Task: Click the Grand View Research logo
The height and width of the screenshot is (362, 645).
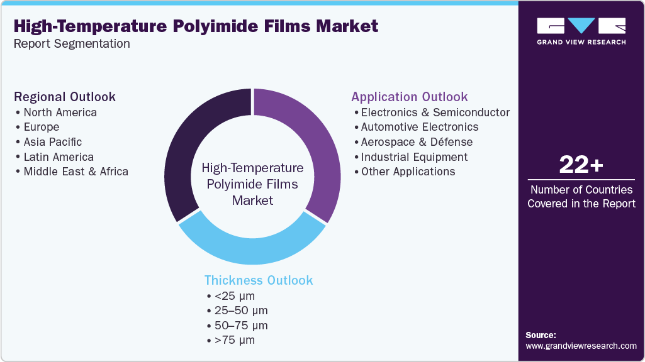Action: click(581, 31)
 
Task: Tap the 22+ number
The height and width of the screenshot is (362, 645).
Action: click(581, 165)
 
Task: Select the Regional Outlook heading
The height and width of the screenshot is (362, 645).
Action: click(65, 97)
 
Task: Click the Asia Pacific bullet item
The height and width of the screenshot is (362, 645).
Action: click(52, 142)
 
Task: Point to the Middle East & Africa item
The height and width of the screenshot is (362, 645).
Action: click(76, 172)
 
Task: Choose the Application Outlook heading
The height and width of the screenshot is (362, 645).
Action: click(409, 97)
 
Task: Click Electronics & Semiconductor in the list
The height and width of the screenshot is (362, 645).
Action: click(435, 112)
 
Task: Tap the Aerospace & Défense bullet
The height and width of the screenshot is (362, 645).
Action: click(416, 142)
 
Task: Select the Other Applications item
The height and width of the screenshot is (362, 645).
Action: click(408, 172)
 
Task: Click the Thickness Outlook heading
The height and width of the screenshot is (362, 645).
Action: click(258, 280)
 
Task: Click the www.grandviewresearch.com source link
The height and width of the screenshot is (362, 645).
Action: click(581, 346)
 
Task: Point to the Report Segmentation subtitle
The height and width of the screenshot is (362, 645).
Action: click(72, 44)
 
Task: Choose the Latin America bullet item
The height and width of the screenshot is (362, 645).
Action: click(59, 157)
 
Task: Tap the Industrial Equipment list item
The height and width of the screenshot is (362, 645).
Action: click(414, 157)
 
